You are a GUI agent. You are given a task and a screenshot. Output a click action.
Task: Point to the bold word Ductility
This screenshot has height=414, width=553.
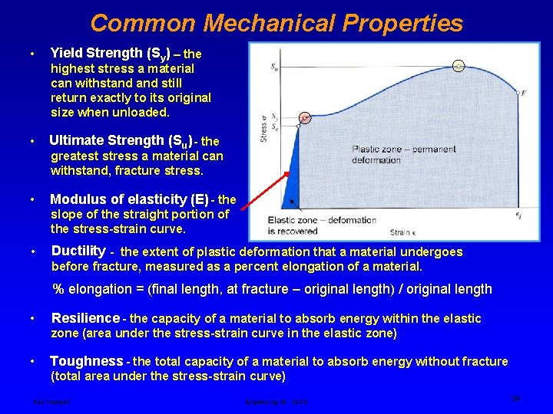78,251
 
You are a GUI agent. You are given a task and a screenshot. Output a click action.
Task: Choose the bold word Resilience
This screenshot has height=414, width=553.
85,318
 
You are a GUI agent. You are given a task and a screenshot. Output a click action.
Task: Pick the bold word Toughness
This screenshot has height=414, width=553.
86,361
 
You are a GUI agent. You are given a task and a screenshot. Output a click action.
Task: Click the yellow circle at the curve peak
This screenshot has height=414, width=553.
459,65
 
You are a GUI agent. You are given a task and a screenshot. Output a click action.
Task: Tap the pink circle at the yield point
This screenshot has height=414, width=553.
305,118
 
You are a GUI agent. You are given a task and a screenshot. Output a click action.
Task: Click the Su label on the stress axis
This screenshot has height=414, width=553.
275,67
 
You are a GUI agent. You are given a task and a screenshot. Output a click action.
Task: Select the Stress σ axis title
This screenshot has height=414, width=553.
263,127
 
